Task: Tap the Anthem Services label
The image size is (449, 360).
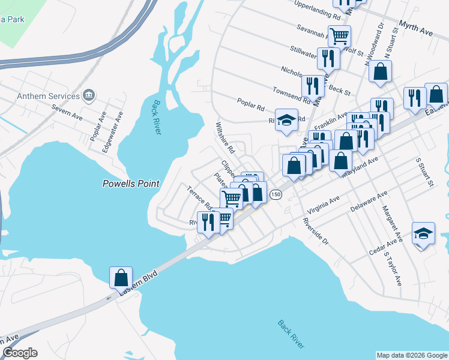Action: click(x=49, y=96)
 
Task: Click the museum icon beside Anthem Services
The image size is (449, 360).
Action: click(x=89, y=95)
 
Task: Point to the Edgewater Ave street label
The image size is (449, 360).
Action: click(x=112, y=132)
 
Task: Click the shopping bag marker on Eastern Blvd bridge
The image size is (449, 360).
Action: click(x=121, y=277)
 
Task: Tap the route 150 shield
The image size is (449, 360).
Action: click(x=276, y=194)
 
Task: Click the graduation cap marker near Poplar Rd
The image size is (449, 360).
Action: click(x=287, y=119)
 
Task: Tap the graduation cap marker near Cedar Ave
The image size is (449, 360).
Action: click(x=424, y=234)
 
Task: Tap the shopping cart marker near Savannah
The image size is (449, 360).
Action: click(x=339, y=36)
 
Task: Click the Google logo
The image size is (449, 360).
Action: click(x=20, y=353)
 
